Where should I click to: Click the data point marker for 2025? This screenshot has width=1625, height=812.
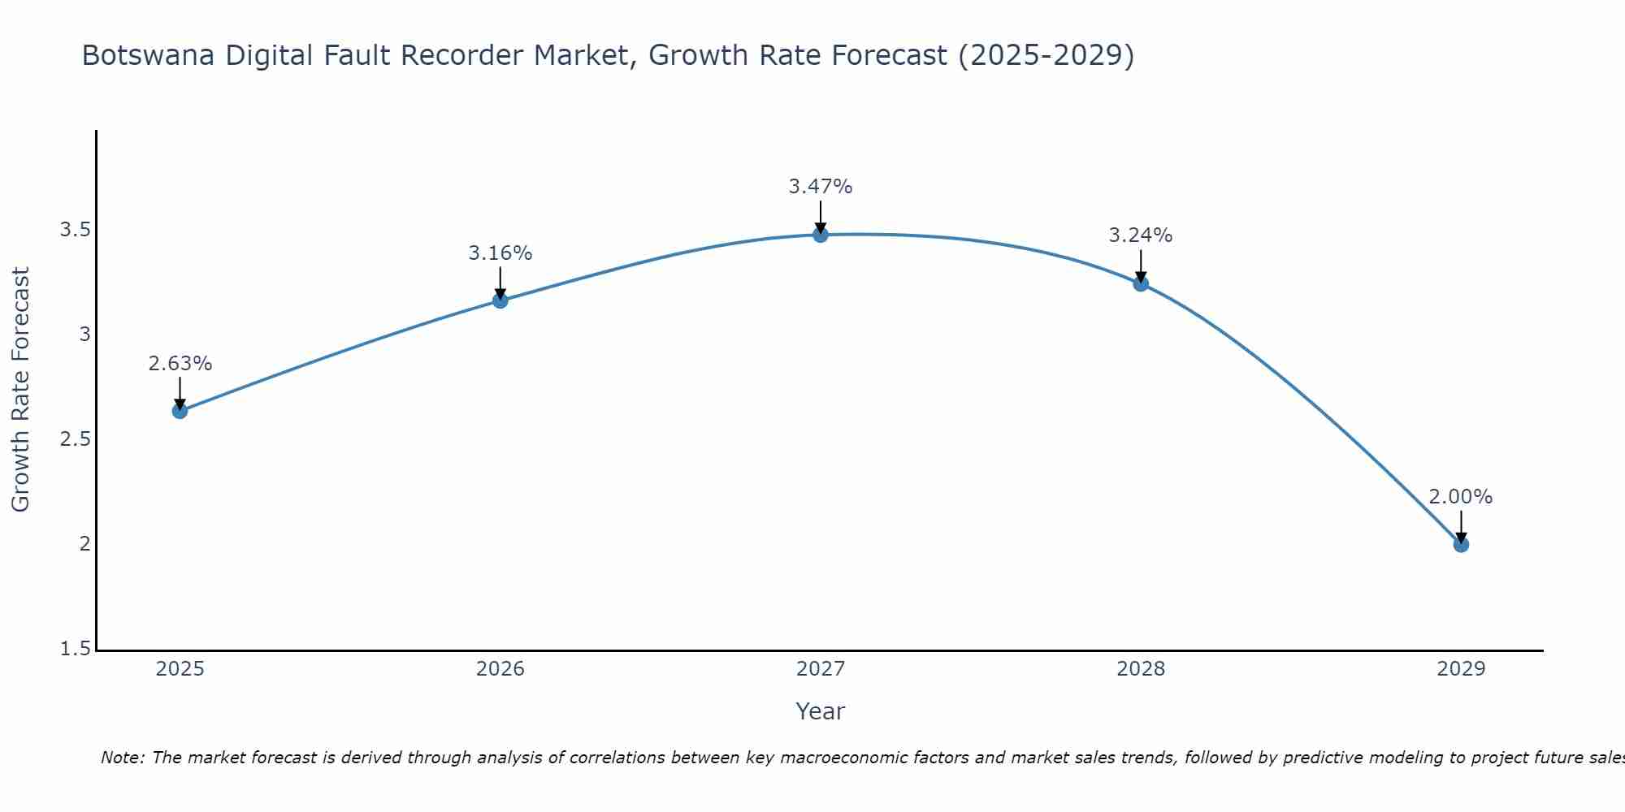pos(180,411)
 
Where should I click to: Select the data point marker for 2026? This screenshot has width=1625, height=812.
pos(500,300)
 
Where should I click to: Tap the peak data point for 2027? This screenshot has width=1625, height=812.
pos(821,235)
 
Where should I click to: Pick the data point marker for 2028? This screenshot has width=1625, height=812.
pos(1141,283)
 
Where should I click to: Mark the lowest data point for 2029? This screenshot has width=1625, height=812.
pos(1461,544)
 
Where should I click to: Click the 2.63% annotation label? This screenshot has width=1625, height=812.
pos(180,364)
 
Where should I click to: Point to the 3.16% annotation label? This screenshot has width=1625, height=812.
pos(500,253)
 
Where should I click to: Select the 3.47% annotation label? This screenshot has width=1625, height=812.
pos(821,187)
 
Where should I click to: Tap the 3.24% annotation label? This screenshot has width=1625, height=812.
pos(1141,235)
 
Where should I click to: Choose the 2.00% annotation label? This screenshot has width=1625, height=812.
pos(1461,497)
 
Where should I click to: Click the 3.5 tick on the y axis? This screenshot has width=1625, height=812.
pos(75,230)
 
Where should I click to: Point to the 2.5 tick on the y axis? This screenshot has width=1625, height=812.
pos(75,439)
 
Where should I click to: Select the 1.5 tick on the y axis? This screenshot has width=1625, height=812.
pos(75,649)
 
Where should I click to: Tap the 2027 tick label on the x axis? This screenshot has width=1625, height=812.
pos(821,669)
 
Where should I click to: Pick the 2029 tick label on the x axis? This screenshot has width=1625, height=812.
pos(1461,669)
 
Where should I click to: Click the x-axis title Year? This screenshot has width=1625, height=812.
pos(821,711)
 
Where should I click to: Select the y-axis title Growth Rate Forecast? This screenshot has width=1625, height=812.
pos(21,390)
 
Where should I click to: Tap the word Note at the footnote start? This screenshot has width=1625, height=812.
pos(122,758)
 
